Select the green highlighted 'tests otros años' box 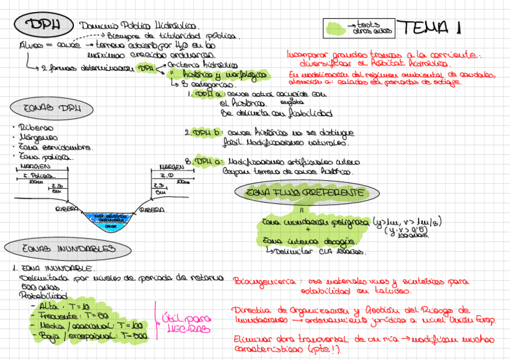pos(358,28)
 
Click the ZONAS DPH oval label pos(52,109)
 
